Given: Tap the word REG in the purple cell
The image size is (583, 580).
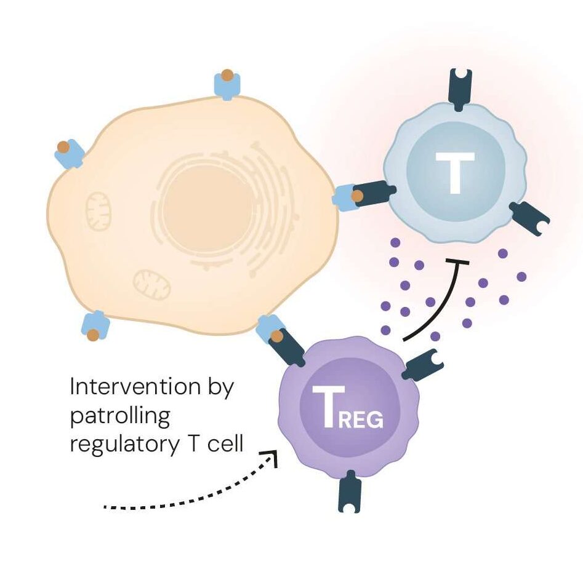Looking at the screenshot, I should (361, 420).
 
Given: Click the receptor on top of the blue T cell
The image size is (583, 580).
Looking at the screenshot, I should (459, 89).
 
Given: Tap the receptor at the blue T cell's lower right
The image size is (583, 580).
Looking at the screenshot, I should (529, 219).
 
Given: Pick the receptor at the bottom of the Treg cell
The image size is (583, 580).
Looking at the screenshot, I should (349, 490).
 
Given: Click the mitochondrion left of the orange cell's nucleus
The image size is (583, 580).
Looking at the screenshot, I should (98, 211).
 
